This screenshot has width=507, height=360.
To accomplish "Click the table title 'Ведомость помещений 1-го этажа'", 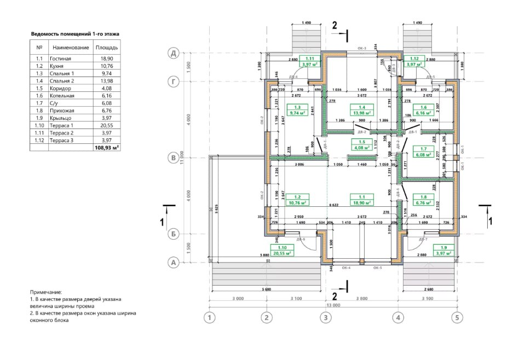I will click(x=75, y=34).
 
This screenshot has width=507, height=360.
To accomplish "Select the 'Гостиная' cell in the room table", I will click(x=61, y=58).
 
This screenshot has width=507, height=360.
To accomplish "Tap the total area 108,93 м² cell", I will click(x=107, y=148).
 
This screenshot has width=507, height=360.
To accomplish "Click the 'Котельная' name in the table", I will click(x=62, y=95).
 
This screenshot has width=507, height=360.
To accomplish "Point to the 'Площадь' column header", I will click(x=107, y=48).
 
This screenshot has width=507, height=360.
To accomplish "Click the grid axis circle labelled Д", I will click(x=174, y=53).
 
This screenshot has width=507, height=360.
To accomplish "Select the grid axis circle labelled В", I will click(x=174, y=158).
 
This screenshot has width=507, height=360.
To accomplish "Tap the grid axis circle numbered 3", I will click(x=326, y=317).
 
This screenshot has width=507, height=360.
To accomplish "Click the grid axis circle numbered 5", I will click(x=457, y=317).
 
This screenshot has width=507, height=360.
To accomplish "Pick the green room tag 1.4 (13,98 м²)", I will click(x=361, y=110).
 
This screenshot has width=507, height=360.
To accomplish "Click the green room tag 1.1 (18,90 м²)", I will click(x=361, y=199).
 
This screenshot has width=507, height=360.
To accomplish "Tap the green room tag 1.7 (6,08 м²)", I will click(x=423, y=152).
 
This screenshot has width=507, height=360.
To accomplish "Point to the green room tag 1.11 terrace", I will click(x=310, y=61).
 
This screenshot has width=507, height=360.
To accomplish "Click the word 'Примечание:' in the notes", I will click(x=46, y=292).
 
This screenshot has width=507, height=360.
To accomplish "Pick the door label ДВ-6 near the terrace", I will click(x=300, y=240).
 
